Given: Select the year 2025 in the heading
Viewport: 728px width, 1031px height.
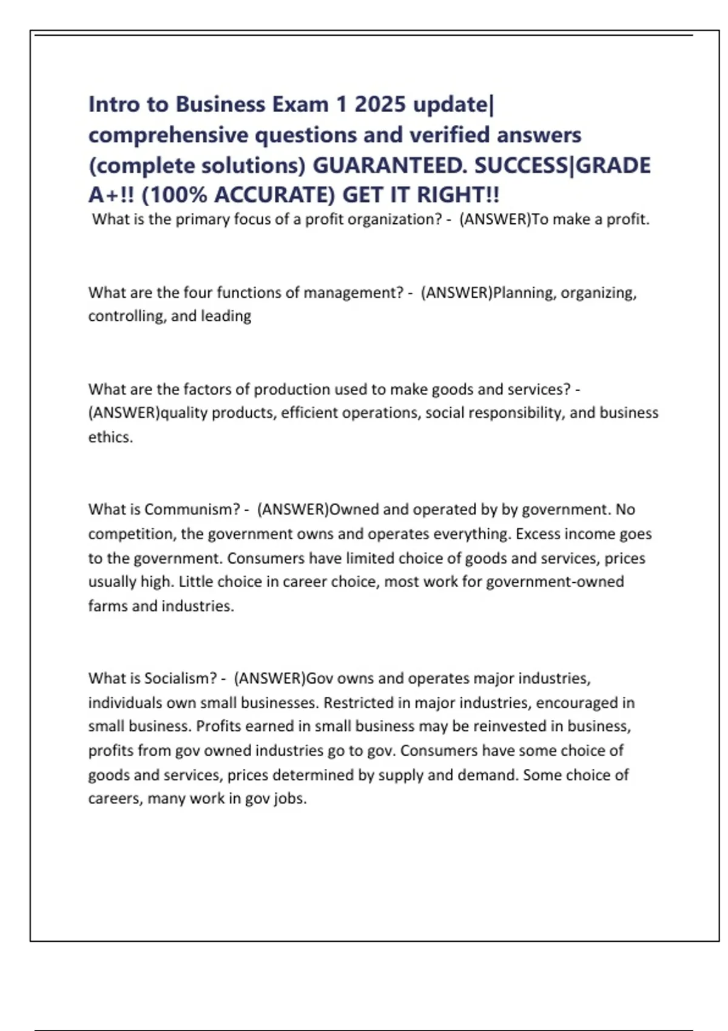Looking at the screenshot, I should pos(380,104).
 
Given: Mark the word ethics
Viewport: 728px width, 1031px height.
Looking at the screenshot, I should pos(110,437).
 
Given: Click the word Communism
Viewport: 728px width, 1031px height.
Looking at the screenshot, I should pos(192,509).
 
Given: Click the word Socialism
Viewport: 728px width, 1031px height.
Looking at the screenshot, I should pos(182,678).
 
